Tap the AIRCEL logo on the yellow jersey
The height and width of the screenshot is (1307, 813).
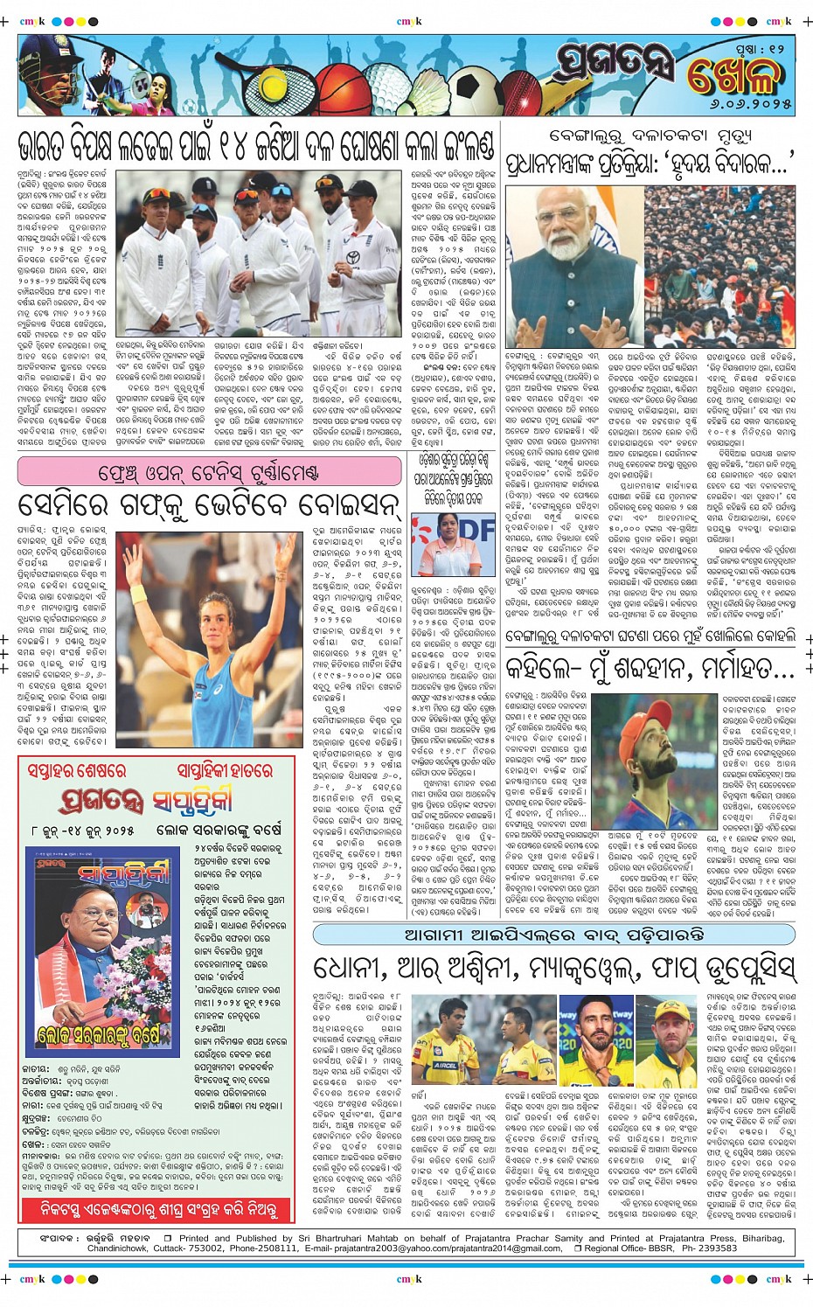pos(447,1065)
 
